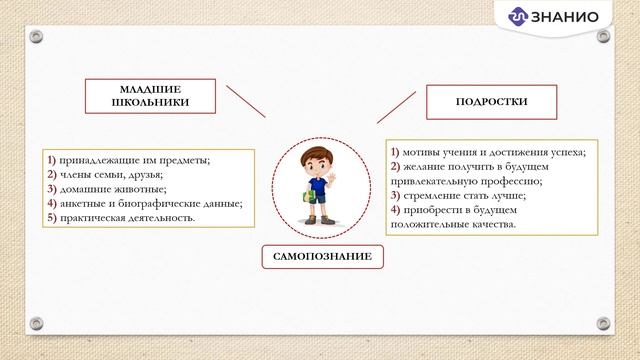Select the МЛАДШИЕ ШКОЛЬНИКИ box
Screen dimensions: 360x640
(x=151, y=95)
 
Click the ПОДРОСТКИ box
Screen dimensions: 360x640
(x=490, y=102)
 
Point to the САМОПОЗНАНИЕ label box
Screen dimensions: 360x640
(x=321, y=257)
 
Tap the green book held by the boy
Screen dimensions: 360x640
(x=311, y=196)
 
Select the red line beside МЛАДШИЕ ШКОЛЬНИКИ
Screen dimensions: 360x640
(x=245, y=101)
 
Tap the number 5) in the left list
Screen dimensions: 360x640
(x=52, y=217)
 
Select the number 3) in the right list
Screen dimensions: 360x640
(x=395, y=196)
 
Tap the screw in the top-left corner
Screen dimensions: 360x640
(x=36, y=37)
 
